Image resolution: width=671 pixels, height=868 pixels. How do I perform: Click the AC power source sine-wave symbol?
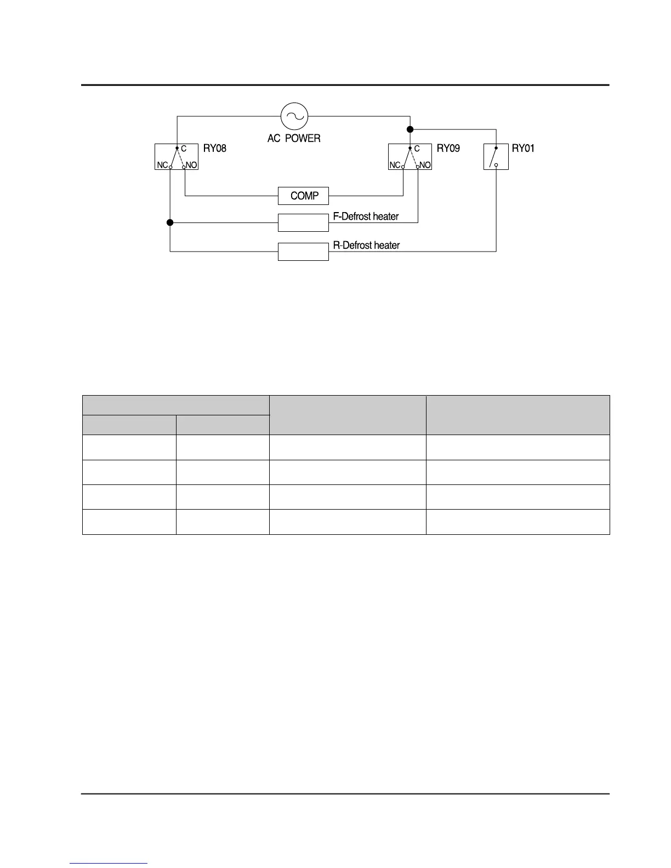coord(294,116)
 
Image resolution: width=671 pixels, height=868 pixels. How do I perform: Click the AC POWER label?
coord(294,139)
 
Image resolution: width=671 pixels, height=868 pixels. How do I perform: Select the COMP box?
coord(304,196)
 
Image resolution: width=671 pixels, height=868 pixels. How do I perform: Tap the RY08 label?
coord(215,148)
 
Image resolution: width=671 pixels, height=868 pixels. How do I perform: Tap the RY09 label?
coord(448,148)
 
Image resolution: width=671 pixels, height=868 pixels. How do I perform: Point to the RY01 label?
coord(523,148)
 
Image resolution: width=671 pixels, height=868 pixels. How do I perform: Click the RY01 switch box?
coord(496,157)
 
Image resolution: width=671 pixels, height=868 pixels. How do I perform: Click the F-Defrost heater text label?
coord(366,216)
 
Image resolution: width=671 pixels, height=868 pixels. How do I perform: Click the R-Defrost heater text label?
coord(366,245)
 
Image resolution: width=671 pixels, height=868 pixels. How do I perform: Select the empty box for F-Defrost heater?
coord(303,222)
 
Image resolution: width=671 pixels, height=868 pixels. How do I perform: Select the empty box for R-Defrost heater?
coord(303,252)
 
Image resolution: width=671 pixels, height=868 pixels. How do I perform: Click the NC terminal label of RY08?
coord(162,165)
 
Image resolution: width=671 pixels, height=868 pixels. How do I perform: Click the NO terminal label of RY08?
coord(191,165)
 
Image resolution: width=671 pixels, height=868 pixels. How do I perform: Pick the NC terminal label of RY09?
coord(395,165)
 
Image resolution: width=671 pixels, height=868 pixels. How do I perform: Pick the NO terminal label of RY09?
coord(425,165)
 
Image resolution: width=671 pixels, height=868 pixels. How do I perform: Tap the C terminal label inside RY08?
coord(184,149)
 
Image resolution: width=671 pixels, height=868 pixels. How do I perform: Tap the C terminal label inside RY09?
coord(417,149)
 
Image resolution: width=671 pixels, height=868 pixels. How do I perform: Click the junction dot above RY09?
coord(410,129)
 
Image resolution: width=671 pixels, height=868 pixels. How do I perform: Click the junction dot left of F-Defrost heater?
coord(170,222)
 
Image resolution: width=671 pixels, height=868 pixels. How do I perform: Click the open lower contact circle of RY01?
coord(496,165)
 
